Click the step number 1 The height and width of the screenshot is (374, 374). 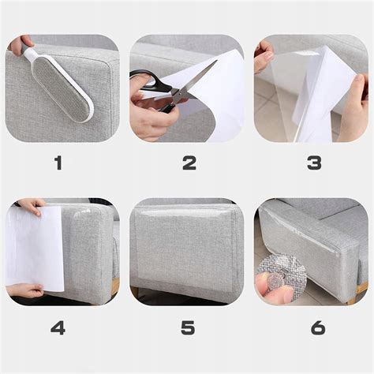pos(58,163)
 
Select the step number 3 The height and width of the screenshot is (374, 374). pos(314,163)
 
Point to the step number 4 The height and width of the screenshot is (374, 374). pos(58,327)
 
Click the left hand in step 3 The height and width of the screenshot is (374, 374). pos(263,57)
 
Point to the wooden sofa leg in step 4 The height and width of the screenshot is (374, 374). pos(114,285)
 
